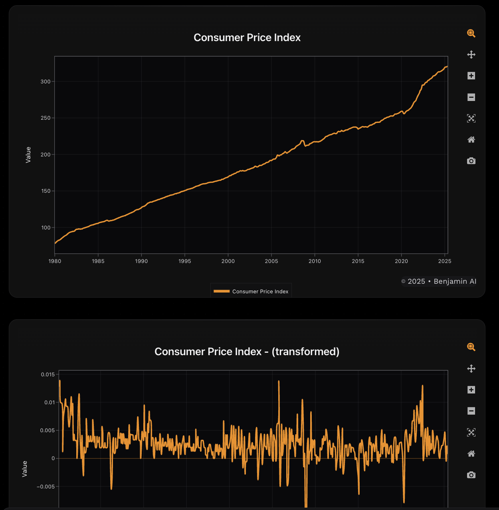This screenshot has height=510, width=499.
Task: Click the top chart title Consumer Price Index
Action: pos(247,38)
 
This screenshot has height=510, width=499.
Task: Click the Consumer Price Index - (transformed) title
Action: pos(247,352)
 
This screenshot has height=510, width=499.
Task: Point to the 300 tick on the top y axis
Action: pos(46,81)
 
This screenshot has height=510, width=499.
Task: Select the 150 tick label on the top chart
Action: pos(46,191)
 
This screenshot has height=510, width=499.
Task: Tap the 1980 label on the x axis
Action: pos(55,261)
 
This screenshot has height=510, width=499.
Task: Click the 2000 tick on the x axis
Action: pos(228,261)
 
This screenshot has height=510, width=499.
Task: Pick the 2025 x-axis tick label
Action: pos(445,261)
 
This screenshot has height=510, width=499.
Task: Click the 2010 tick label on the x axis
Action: pos(315,261)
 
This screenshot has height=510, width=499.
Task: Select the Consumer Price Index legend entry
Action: pos(251,291)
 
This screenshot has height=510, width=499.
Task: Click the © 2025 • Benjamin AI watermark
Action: pos(439,281)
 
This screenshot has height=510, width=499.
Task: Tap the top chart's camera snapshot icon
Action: pos(471,161)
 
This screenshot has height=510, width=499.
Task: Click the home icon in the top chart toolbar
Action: pos(471,140)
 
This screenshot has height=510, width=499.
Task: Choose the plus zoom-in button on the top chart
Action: pos(471,76)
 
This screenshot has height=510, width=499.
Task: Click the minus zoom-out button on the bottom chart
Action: pos(471,411)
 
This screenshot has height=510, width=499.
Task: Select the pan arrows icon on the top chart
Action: pos(471,55)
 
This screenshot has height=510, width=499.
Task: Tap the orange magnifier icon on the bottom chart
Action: pos(471,347)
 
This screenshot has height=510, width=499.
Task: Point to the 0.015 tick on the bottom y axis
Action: pos(48,375)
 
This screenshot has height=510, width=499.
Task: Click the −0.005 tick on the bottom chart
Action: pos(46,486)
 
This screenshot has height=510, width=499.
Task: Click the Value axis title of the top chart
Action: pos(28,154)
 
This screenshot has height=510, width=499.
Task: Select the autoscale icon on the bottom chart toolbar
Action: pos(471,432)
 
